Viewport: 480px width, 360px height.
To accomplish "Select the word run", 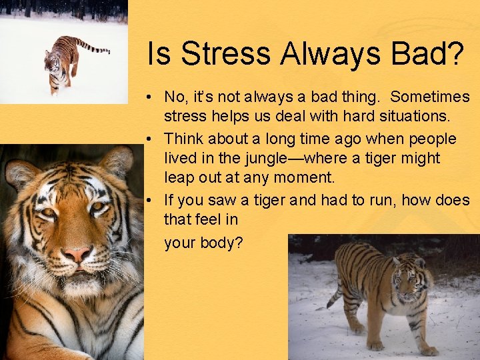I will click(x=395, y=200).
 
